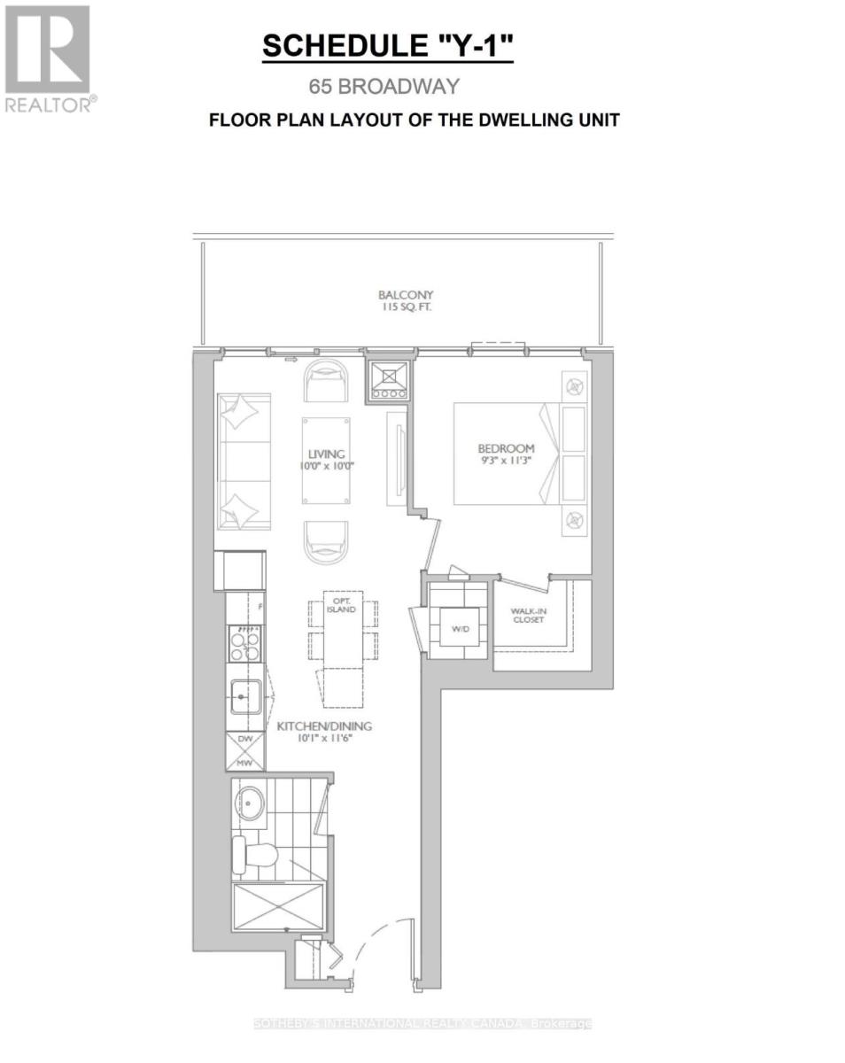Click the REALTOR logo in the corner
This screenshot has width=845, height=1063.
(48, 58)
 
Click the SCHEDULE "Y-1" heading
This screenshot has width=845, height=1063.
(387, 47)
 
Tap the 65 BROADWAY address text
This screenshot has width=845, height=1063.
(384, 86)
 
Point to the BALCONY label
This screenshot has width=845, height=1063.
(406, 295)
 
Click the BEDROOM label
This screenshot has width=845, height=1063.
(506, 448)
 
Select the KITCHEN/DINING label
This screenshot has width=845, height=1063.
(323, 726)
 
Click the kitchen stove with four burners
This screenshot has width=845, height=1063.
(244, 644)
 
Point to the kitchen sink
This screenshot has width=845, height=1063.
(244, 697)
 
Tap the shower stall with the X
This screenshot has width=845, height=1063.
(277, 906)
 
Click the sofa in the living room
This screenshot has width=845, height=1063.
(243, 462)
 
